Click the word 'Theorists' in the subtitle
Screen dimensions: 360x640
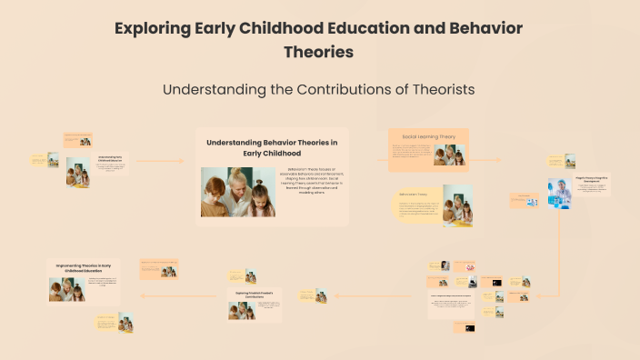[x=434, y=90]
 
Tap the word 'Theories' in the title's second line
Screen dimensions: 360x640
[x=318, y=52]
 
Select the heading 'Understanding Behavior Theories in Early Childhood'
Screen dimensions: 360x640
[x=272, y=147]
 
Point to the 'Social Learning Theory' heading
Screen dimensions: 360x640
[x=428, y=136]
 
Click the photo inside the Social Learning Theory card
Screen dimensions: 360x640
[x=448, y=155]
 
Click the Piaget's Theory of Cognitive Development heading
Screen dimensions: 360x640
[x=592, y=180]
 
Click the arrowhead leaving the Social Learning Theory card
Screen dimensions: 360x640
[x=498, y=160]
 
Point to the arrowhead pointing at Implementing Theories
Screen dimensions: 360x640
[x=142, y=295]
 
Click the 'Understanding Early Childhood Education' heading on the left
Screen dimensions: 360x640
[x=110, y=158]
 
